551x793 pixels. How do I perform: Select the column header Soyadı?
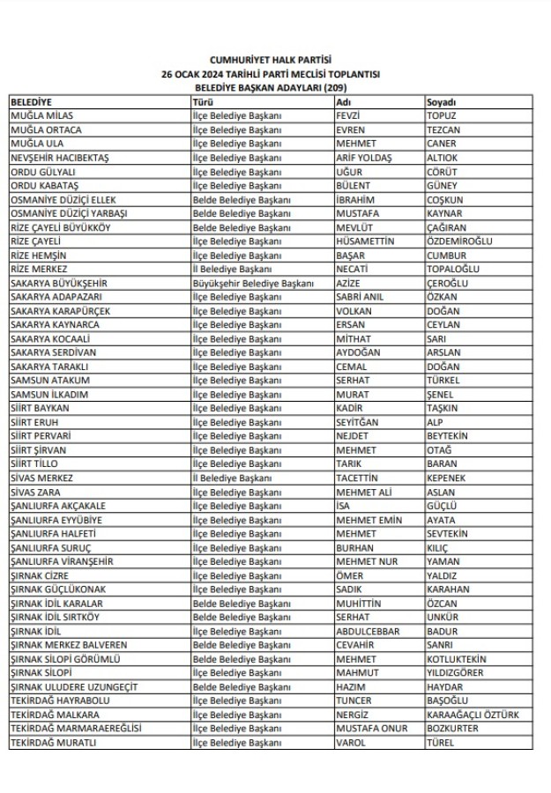(442, 102)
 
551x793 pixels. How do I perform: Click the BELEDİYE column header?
(32, 102)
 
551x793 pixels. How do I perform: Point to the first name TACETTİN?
(357, 478)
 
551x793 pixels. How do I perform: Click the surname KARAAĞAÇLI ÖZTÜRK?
(473, 715)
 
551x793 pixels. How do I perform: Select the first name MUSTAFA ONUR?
(369, 729)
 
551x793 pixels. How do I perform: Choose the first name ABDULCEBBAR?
(368, 631)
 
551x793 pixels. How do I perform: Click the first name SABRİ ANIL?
(360, 298)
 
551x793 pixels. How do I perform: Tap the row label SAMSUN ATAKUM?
(49, 381)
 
